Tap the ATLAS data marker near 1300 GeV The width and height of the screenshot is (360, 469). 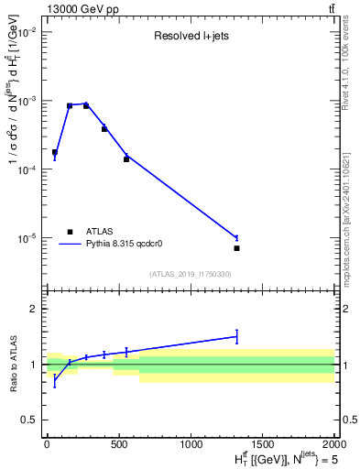coord(236,248)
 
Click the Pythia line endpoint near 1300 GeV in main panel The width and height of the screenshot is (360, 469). coord(236,237)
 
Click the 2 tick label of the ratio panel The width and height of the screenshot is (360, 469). coord(36,309)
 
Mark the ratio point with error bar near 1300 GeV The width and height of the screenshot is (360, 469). coord(236,336)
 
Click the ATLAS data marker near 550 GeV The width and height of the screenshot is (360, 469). coord(126,159)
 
